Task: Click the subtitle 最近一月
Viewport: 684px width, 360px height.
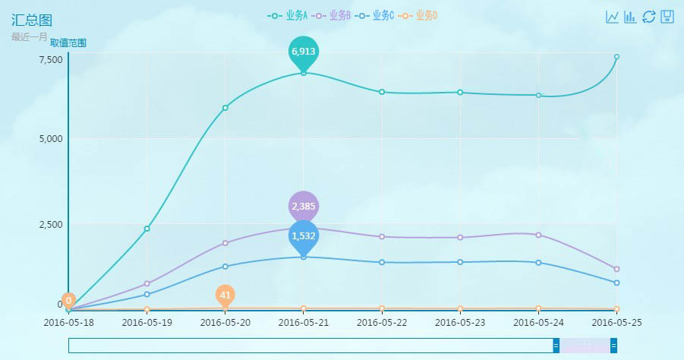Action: (30, 36)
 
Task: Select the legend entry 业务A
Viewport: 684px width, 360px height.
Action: (288, 15)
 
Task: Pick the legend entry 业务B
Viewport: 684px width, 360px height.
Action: (331, 15)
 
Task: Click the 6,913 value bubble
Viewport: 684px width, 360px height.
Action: (304, 51)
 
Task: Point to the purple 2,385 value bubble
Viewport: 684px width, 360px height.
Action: (304, 206)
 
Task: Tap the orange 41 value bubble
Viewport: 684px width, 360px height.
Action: (225, 295)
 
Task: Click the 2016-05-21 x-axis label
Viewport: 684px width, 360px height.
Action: (304, 322)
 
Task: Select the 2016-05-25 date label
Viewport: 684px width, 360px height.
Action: (616, 322)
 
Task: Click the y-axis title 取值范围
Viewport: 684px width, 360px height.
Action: (68, 43)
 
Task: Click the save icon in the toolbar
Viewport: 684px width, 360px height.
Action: (667, 17)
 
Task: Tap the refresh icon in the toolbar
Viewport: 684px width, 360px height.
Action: (649, 17)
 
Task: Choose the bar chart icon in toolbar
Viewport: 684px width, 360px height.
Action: (630, 17)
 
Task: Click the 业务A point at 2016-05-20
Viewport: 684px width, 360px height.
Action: (225, 108)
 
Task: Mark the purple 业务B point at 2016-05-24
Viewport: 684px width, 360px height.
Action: (538, 235)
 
